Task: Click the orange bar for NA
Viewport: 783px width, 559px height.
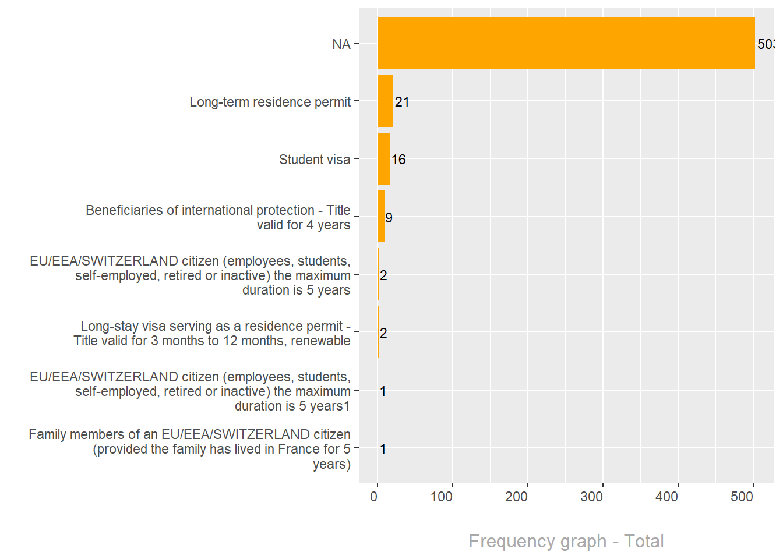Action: coord(565,43)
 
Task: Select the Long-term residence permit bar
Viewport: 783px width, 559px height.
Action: coord(385,101)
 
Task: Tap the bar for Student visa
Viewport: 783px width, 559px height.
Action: coord(383,158)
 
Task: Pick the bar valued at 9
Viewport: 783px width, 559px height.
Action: coord(381,217)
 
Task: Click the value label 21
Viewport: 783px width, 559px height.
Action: coord(402,102)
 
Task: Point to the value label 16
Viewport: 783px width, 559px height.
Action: coord(398,160)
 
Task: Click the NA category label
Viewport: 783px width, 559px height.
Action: coord(341,44)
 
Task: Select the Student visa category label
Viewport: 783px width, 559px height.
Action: coord(315,160)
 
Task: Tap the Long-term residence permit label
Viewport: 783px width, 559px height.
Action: coord(270,102)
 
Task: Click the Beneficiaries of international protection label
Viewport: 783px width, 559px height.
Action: coord(218,217)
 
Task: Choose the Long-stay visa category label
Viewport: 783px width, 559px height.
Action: coord(212,333)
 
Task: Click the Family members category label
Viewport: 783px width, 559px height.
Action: coord(190,449)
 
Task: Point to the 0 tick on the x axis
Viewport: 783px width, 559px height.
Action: coord(374,497)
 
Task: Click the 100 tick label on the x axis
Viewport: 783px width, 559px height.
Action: coord(442,497)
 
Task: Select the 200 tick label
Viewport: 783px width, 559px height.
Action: coord(517,497)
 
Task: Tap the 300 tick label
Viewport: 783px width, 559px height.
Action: coord(592,497)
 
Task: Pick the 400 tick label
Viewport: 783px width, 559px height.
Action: coord(667,497)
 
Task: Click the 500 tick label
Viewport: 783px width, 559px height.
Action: coord(742,497)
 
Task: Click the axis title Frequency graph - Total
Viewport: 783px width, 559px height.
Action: coord(566,541)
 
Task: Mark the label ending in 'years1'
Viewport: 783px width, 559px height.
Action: coord(191,391)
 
